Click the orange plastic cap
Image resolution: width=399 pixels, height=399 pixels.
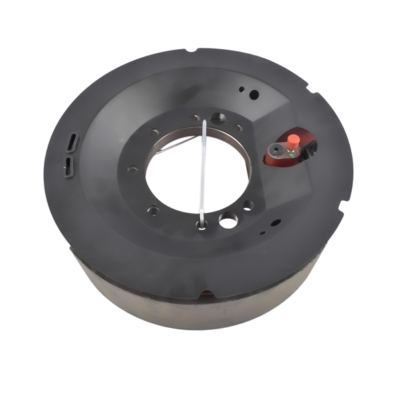pyautogui.click(x=291, y=141)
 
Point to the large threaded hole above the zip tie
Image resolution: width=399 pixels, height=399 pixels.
pyautogui.click(x=218, y=118)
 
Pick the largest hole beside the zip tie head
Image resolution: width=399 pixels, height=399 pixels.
pyautogui.click(x=227, y=219)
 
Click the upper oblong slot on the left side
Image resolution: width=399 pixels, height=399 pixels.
pyautogui.click(x=72, y=141)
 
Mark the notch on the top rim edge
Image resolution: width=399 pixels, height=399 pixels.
pyautogui.click(x=193, y=51)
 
